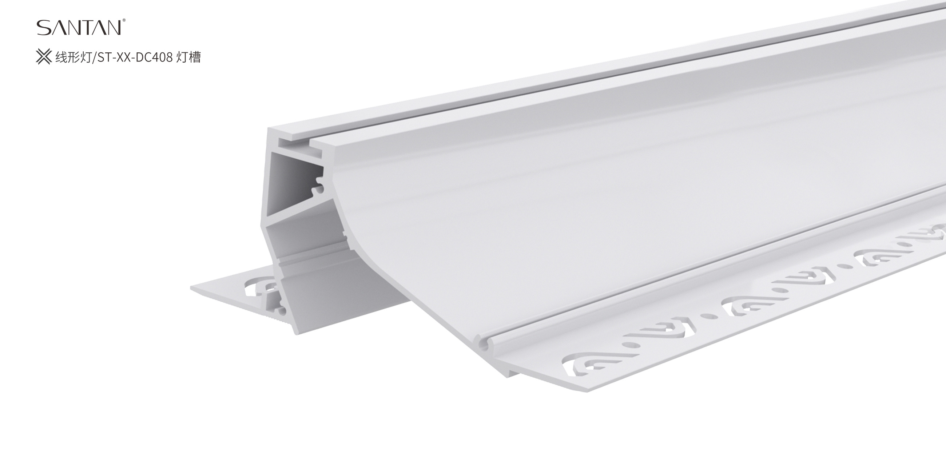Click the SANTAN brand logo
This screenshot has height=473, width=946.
[79, 28]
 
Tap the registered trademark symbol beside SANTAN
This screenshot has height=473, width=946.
[124, 20]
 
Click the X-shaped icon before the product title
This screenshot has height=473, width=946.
[44, 57]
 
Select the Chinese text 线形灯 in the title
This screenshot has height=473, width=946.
[73, 57]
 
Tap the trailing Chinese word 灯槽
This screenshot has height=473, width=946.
[188, 57]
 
